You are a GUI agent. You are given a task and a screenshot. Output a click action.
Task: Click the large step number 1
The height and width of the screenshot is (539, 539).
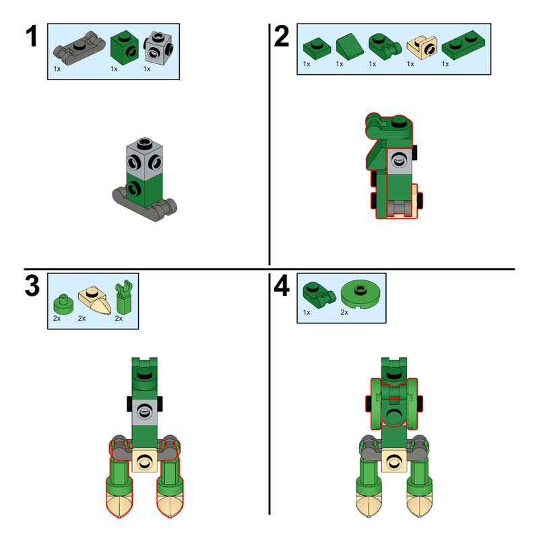point(30,38)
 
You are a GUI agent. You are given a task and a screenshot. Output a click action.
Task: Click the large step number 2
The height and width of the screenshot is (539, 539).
point(282,38)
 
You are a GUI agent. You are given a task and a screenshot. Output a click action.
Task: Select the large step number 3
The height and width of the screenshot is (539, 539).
point(32,287)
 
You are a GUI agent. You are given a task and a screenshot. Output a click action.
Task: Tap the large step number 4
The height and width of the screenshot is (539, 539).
point(282,287)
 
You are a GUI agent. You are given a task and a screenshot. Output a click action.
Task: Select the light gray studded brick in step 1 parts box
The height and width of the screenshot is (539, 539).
point(160,47)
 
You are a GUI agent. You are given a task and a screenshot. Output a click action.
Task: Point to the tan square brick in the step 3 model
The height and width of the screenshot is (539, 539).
point(144,462)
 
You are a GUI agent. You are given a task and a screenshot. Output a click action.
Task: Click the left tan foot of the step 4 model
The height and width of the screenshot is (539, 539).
point(368,505)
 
